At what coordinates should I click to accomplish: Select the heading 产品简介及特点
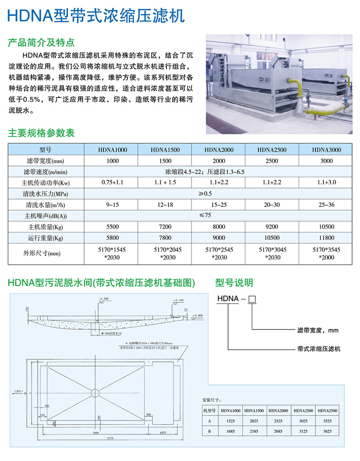tap(41, 42)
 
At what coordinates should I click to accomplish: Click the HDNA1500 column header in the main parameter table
tap(165, 150)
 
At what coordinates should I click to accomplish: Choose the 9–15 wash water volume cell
tap(113, 205)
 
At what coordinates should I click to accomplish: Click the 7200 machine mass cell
tap(165, 227)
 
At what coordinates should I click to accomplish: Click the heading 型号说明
tap(234, 283)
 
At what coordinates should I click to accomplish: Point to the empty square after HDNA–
tap(252, 299)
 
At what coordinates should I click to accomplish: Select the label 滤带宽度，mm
tap(318, 331)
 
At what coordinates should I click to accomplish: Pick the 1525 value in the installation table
tap(230, 421)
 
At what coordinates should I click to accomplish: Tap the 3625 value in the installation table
tap(328, 431)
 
